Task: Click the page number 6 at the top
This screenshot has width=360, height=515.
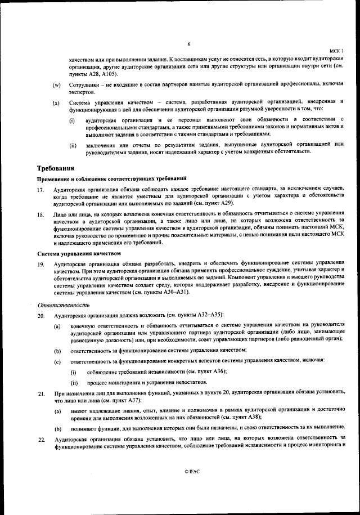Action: coord(189,43)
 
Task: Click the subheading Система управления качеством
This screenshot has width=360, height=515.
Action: coord(79,254)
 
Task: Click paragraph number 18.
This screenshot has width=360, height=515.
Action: coord(40,214)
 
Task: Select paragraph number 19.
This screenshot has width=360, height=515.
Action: coord(40,263)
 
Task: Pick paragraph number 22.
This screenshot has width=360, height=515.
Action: coord(40,437)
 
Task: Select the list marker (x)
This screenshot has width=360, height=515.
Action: coord(56,103)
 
